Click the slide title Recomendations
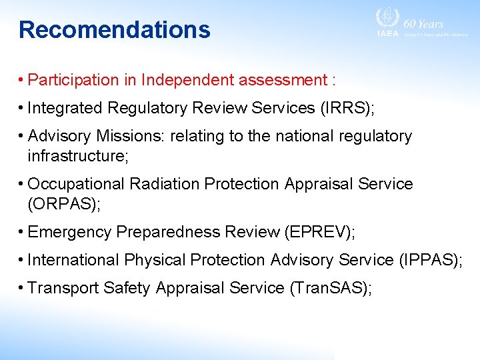[x=114, y=30]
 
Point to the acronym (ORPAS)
[x=64, y=204]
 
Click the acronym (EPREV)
[x=319, y=232]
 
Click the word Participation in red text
[x=74, y=80]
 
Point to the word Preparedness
[x=169, y=232]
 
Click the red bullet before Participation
[x=22, y=80]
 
